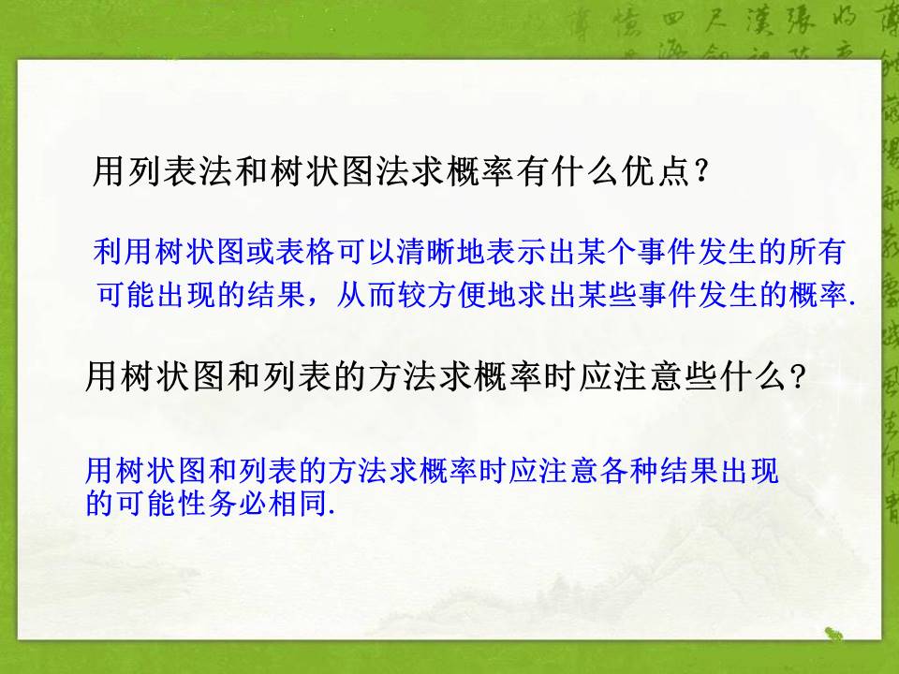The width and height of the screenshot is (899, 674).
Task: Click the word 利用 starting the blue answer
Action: pyautogui.click(x=124, y=251)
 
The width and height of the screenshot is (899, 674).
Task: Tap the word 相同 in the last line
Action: pyautogui.click(x=289, y=503)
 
